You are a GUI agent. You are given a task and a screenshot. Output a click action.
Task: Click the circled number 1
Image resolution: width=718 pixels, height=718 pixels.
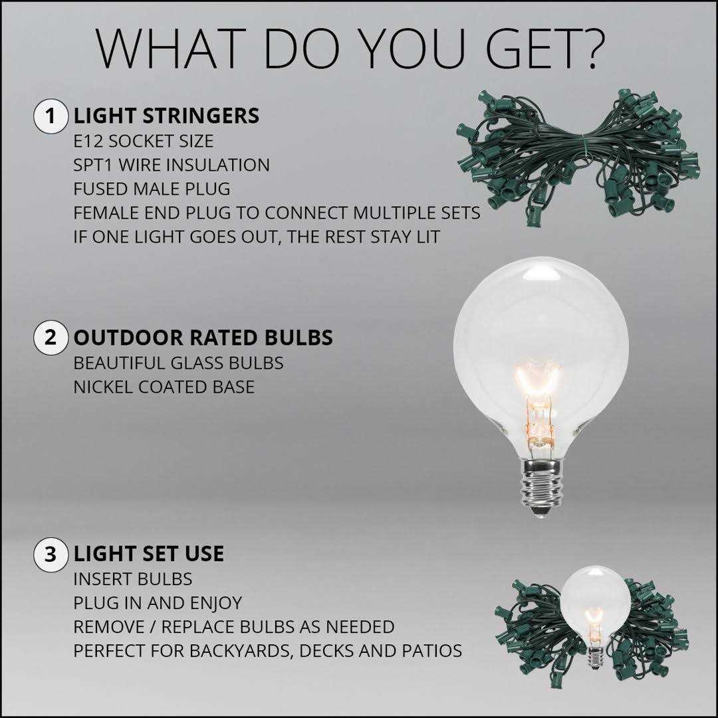click(51, 116)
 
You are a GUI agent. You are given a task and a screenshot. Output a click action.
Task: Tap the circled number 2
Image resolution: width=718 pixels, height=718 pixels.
click(51, 338)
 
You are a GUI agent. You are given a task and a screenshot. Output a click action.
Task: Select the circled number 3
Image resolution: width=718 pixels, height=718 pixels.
click(51, 554)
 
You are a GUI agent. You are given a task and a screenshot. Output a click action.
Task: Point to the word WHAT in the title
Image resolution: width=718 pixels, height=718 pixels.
click(168, 49)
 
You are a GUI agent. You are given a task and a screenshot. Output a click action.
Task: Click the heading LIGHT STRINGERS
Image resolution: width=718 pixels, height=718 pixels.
click(166, 116)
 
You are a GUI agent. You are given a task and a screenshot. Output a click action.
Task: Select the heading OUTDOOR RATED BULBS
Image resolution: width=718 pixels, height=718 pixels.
click(203, 338)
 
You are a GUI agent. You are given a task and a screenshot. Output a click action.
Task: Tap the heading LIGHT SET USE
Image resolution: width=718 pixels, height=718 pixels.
click(149, 554)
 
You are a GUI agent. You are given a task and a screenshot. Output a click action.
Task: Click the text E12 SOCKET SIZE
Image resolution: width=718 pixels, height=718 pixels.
click(144, 141)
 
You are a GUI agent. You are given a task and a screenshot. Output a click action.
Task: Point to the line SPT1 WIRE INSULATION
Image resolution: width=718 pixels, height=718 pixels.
click(172, 165)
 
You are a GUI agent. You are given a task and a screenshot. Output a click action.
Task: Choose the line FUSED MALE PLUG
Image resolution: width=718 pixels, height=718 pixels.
click(152, 189)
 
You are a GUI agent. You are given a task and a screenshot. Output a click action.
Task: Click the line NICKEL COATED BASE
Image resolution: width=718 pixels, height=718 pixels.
click(164, 387)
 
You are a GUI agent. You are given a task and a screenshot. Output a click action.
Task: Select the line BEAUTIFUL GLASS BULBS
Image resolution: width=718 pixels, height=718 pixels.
click(179, 363)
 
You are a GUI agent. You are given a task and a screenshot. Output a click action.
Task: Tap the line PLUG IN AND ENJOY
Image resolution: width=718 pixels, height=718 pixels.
click(158, 603)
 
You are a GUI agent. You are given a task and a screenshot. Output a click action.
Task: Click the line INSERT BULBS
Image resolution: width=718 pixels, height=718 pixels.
click(133, 579)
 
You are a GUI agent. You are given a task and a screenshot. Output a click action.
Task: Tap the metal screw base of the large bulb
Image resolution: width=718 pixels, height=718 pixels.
click(541, 489)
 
